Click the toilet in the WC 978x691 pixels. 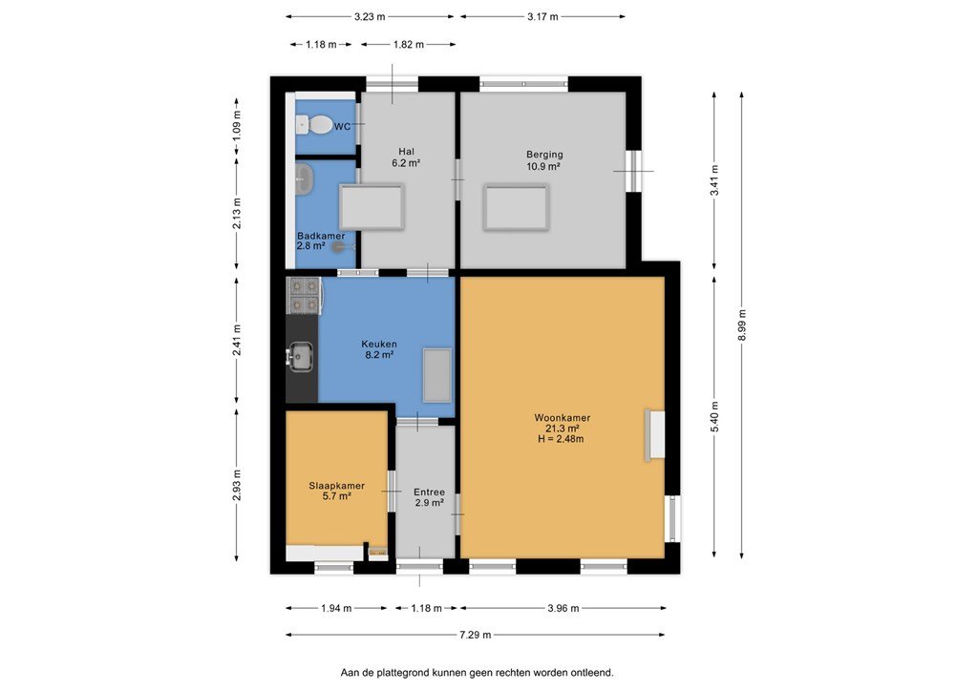(317, 126)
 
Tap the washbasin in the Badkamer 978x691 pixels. (304, 179)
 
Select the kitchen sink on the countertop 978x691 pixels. (301, 357)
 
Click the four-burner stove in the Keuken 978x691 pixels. (304, 295)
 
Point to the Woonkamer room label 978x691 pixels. (562, 418)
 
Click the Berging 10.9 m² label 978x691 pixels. (543, 160)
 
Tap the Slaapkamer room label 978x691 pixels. (337, 486)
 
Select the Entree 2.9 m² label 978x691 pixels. (429, 497)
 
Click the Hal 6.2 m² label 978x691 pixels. (406, 157)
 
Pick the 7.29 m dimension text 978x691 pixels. (476, 635)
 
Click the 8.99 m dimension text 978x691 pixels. (742, 325)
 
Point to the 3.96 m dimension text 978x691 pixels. (563, 608)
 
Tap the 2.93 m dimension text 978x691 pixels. (237, 485)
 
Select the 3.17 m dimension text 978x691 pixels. (542, 17)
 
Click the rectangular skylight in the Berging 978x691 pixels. (516, 207)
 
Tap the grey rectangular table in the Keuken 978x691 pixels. (436, 376)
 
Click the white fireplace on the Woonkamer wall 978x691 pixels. (654, 435)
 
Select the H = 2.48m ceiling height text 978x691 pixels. (561, 439)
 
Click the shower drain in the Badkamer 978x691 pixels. (338, 247)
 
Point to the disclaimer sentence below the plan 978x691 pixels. (478, 673)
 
